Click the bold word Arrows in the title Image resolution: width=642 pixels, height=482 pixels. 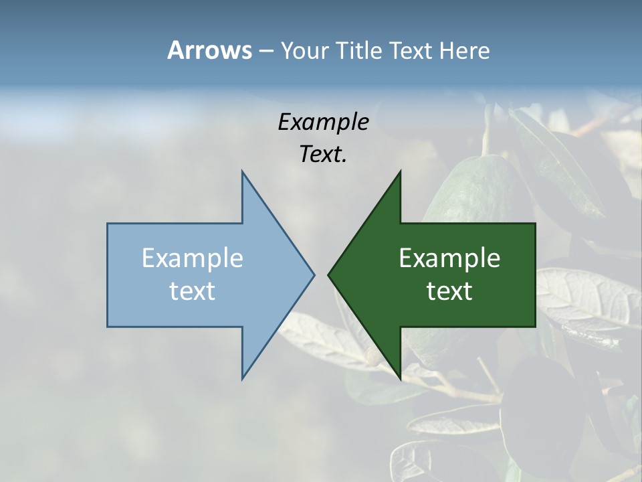coord(209,50)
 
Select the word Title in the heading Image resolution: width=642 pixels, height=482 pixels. coord(358,51)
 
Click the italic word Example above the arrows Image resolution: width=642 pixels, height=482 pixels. coord(324,122)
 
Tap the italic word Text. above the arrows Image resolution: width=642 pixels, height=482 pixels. coord(324,154)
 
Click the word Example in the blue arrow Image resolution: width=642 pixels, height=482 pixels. coord(193,258)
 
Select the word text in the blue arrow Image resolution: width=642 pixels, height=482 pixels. coord(193,291)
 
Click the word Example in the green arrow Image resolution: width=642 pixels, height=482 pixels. coord(449,258)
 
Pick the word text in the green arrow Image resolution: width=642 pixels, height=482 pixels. coord(449,291)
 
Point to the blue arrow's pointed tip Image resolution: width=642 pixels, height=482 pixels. coord(314,274)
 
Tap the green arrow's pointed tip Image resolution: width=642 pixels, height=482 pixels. coord(328,274)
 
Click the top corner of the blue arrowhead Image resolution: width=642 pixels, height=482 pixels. coord(242,171)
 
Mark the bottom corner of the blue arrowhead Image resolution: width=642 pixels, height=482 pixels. coord(242,380)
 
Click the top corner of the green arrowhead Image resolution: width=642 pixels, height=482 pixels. coord(400,171)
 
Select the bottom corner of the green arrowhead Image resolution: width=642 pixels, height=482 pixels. coord(400,380)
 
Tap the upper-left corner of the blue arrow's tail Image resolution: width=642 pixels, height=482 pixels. coord(108,224)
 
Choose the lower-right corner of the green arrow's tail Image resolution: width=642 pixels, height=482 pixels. coord(535,327)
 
